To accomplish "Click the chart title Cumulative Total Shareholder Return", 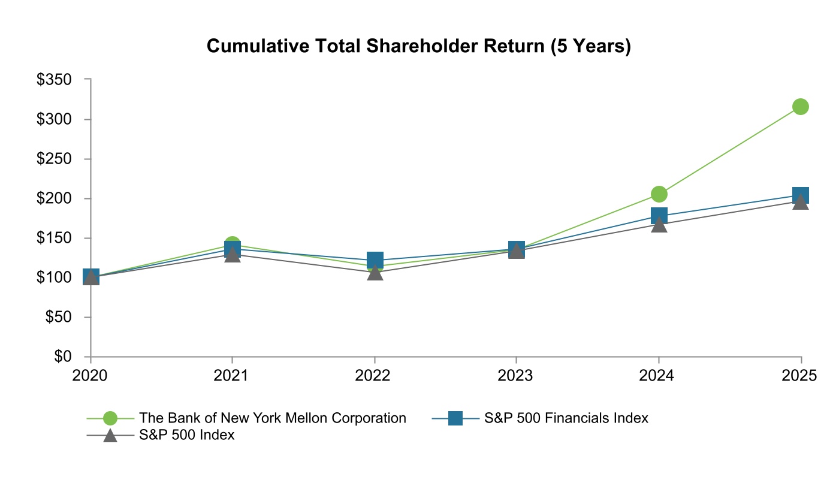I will pyautogui.click(x=418, y=46).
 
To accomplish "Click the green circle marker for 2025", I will pyautogui.click(x=801, y=107).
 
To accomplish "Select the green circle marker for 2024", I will pyautogui.click(x=659, y=194).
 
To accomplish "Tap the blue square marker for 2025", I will pyautogui.click(x=801, y=195).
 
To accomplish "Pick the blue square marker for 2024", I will pyautogui.click(x=659, y=216).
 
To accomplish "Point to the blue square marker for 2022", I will pyautogui.click(x=375, y=260).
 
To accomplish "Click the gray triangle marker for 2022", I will pyautogui.click(x=375, y=273).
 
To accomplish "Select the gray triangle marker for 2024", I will pyautogui.click(x=659, y=225).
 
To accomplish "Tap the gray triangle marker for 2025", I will pyautogui.click(x=801, y=202).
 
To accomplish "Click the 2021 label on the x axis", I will pyautogui.click(x=232, y=376).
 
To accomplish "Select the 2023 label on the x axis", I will pyautogui.click(x=516, y=376).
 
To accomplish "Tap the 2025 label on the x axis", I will pyautogui.click(x=800, y=376).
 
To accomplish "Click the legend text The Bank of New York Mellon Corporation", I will pyautogui.click(x=273, y=418).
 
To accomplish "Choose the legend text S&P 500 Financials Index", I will pyautogui.click(x=566, y=418).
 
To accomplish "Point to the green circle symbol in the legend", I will pyautogui.click(x=110, y=418).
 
